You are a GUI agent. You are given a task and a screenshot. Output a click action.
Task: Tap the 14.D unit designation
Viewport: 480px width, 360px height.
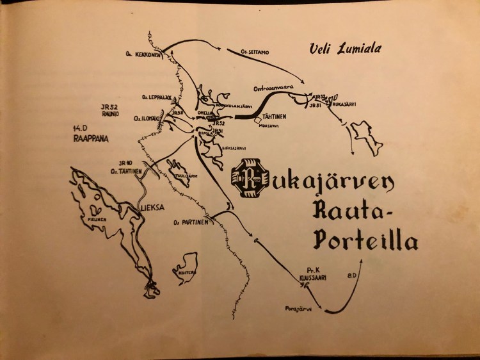[x=80, y=127]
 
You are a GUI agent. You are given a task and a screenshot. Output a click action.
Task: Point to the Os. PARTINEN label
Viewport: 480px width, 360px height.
[x=189, y=224]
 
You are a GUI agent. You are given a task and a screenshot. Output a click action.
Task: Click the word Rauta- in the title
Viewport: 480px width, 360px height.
[x=353, y=209]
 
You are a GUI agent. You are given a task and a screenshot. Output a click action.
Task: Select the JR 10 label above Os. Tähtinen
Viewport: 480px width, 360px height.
[x=125, y=163]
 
